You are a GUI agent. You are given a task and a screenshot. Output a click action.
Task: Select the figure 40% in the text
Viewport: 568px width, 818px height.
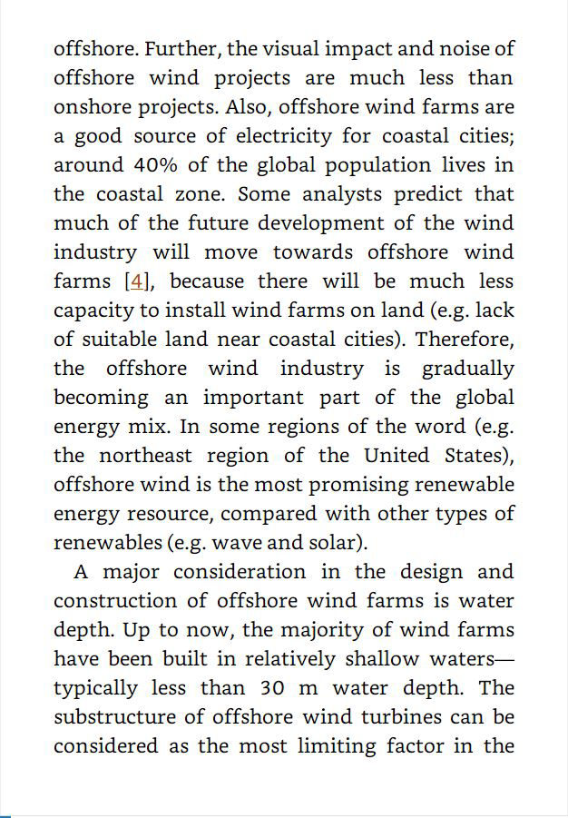pyautogui.click(x=155, y=165)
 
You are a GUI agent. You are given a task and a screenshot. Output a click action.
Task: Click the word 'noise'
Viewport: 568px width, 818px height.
pyautogui.click(x=459, y=49)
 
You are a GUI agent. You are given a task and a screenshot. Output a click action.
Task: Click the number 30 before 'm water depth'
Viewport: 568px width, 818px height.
pyautogui.click(x=272, y=688)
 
